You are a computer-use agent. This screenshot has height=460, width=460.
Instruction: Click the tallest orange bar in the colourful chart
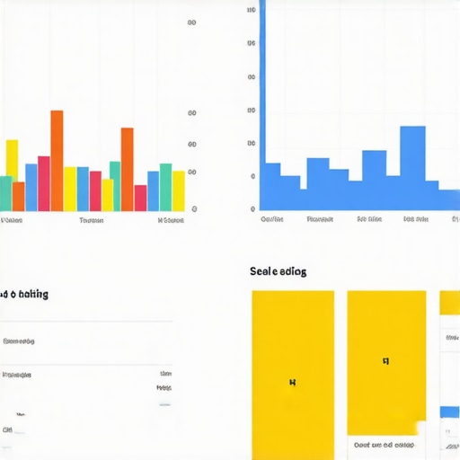coord(57,160)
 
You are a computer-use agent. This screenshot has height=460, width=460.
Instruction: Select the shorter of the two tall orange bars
coord(128,169)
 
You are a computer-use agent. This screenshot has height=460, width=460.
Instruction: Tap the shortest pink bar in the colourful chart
coord(140,198)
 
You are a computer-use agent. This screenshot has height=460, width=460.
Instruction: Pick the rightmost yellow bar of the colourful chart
coord(178,190)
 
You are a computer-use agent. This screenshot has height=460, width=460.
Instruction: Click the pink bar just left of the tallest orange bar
coord(44,183)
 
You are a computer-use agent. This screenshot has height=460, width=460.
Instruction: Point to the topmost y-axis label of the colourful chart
coord(191,22)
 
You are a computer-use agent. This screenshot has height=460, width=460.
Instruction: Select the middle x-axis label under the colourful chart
coord(91,220)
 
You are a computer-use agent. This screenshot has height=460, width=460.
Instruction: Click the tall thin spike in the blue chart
coord(262,90)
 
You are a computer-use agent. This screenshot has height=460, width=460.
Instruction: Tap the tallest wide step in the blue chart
coord(412,167)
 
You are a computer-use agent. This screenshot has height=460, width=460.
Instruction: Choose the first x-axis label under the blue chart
coord(271,218)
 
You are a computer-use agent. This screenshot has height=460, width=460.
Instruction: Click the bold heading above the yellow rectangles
coord(278,271)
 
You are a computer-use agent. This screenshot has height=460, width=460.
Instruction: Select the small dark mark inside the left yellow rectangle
coord(292,382)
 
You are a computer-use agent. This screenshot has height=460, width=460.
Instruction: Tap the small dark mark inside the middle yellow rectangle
coord(385,361)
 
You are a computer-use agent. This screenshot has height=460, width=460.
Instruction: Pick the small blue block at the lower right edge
coord(449,412)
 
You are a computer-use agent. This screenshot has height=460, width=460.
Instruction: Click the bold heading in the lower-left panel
coord(24,294)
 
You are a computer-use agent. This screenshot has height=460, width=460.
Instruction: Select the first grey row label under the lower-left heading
coord(19,341)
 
